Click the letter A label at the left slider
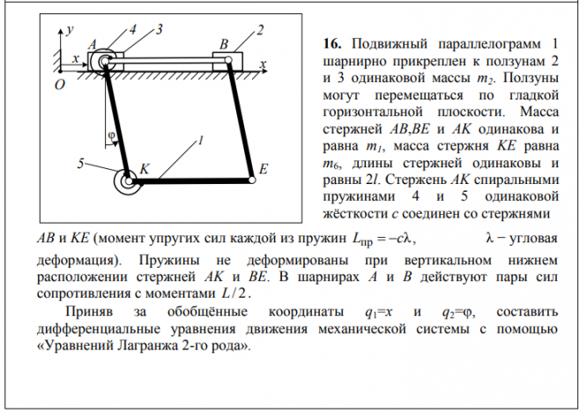(93, 42)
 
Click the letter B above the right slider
(223, 43)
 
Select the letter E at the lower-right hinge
(264, 167)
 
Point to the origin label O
(60, 85)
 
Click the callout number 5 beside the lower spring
(80, 163)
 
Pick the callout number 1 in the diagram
(202, 140)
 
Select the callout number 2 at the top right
(261, 31)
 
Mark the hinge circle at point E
(252, 180)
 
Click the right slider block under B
(228, 62)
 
